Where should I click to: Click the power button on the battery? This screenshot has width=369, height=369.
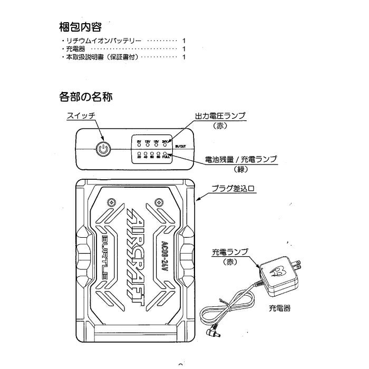click(x=104, y=150)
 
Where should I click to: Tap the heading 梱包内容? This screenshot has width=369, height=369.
click(x=79, y=26)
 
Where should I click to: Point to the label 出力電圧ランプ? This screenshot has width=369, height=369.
click(x=221, y=116)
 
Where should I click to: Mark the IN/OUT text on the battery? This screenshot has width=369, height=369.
click(x=180, y=146)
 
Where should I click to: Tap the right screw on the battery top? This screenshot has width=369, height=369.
click(x=158, y=201)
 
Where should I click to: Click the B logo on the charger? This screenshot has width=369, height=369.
click(x=278, y=271)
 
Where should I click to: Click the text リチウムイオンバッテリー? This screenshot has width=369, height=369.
click(x=102, y=41)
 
